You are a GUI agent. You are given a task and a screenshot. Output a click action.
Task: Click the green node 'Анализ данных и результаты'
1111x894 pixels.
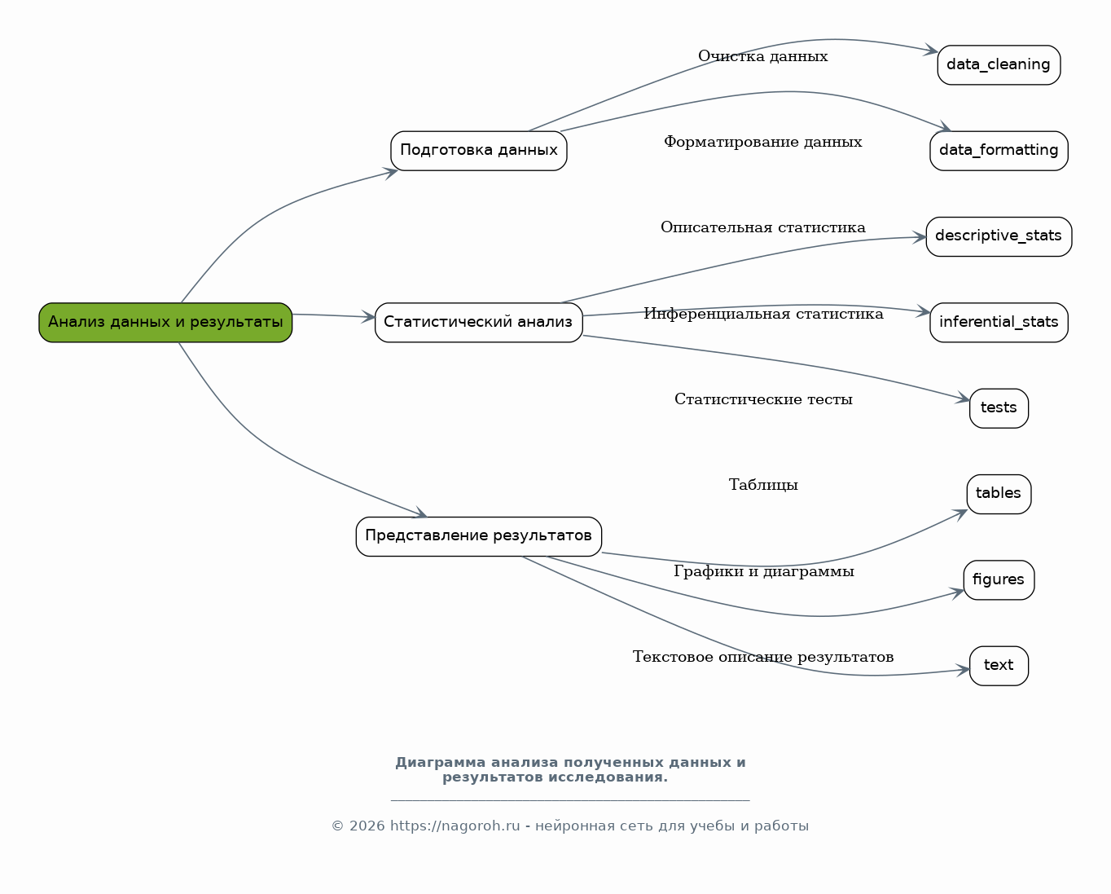click(x=165, y=322)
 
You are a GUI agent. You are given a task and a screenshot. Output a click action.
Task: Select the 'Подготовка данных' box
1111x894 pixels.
click(x=479, y=151)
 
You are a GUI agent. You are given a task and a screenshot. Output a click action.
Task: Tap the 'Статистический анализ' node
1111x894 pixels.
click(x=479, y=322)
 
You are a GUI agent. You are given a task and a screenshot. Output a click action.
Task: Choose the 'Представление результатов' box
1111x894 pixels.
click(x=479, y=536)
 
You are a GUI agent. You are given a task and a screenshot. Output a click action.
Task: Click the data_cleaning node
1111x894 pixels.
click(x=999, y=65)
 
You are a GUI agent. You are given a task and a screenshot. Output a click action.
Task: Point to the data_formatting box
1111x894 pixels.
click(x=999, y=151)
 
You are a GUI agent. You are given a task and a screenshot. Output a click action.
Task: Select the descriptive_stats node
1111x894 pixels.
click(x=999, y=236)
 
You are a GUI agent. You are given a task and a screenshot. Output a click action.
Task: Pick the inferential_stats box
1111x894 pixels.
click(x=999, y=322)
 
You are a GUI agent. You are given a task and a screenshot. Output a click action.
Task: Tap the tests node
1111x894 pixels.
click(x=999, y=408)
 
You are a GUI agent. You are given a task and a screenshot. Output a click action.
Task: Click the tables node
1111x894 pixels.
click(x=999, y=494)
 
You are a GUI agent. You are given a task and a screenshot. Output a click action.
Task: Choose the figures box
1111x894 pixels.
click(x=999, y=580)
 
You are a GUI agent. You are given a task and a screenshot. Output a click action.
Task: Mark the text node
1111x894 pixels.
click(x=999, y=666)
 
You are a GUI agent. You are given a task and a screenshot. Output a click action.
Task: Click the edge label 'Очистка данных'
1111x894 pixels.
click(x=763, y=56)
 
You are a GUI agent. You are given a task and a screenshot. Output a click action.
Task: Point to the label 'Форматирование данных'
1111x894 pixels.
click(x=763, y=142)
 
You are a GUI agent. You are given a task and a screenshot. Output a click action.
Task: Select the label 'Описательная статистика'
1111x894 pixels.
click(x=763, y=227)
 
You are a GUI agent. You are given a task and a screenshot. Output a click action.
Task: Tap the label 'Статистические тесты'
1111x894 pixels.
click(x=763, y=399)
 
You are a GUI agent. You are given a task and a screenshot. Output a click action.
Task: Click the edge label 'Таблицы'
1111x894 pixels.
click(x=763, y=485)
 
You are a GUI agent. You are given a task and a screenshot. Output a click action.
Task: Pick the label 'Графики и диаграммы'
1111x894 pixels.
click(x=763, y=571)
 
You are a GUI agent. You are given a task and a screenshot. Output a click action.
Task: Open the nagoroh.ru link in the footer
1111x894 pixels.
click(x=455, y=826)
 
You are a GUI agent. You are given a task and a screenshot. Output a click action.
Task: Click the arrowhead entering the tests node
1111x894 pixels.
click(x=963, y=399)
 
